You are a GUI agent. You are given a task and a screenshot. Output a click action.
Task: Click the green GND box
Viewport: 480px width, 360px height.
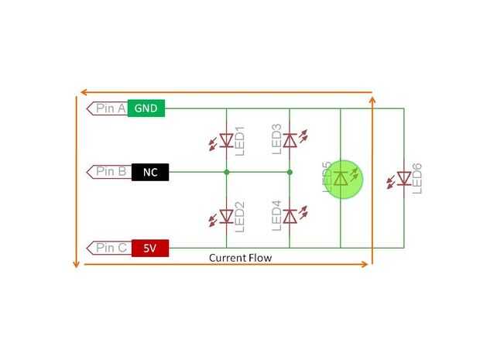tap(146, 108)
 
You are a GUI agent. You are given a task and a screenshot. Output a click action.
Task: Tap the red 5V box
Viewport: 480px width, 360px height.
tap(149, 249)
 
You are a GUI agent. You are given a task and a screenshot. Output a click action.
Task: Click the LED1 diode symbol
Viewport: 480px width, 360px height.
tap(226, 140)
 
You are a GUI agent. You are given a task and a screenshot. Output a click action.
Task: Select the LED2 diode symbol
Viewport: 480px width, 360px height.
tap(226, 214)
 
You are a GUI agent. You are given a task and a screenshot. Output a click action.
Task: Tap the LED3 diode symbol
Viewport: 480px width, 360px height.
tap(290, 140)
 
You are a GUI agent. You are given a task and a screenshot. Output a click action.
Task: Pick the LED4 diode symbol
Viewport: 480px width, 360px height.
tap(290, 214)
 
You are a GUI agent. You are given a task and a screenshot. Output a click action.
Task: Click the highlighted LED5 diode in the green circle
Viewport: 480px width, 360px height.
tap(341, 179)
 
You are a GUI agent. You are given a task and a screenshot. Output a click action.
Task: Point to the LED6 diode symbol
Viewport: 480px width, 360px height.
tap(403, 179)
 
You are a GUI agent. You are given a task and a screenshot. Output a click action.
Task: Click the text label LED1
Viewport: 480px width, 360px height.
tap(239, 140)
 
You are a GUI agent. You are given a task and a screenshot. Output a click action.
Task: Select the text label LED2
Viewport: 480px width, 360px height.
tap(239, 216)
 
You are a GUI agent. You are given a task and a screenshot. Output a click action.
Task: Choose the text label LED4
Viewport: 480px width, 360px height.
tap(276, 216)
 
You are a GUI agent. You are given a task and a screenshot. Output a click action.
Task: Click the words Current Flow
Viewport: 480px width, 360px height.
tap(240, 257)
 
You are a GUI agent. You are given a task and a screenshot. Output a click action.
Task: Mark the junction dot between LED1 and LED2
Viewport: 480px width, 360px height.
tap(226, 172)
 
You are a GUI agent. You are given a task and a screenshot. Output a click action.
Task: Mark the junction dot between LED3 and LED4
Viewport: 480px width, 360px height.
tap(290, 172)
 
